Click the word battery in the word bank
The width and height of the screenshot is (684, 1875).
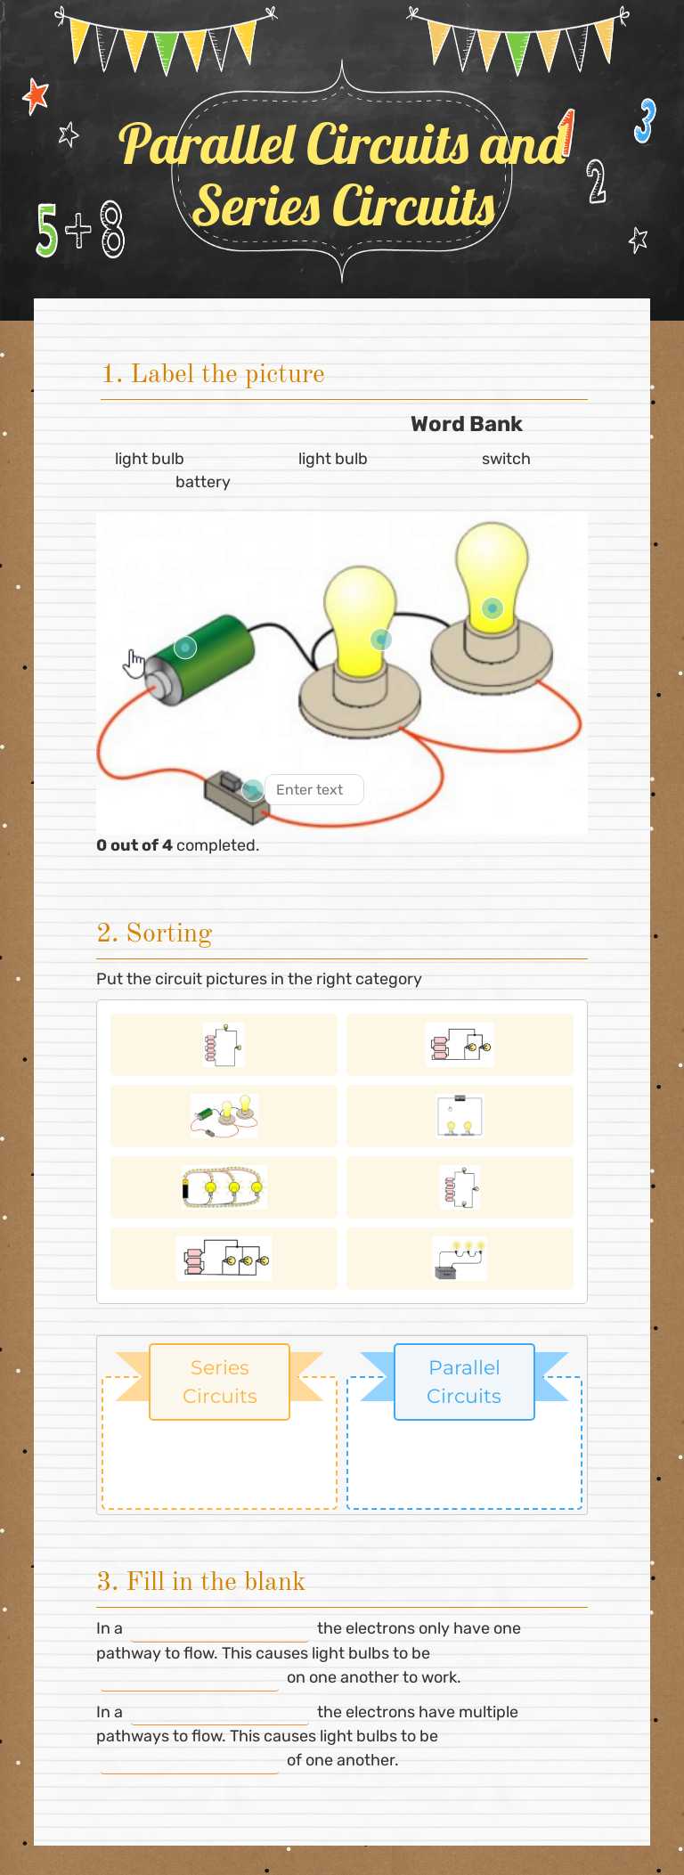[203, 482]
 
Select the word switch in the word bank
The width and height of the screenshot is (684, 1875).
[506, 459]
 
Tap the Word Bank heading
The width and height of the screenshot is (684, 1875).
[467, 424]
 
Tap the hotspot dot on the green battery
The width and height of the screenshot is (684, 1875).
[185, 648]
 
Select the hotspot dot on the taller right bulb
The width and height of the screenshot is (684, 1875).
[493, 608]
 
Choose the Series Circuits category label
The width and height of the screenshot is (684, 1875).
[220, 1382]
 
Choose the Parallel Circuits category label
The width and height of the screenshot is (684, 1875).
[464, 1382]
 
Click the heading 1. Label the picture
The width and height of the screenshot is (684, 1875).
[213, 374]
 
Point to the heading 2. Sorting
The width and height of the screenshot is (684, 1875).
[154, 933]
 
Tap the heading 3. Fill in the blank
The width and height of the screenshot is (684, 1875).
[200, 1581]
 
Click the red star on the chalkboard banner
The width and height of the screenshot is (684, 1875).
[36, 96]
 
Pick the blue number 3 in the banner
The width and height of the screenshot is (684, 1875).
[645, 121]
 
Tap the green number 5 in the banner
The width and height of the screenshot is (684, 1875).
[46, 230]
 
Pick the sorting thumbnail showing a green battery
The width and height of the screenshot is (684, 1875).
[224, 1116]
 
